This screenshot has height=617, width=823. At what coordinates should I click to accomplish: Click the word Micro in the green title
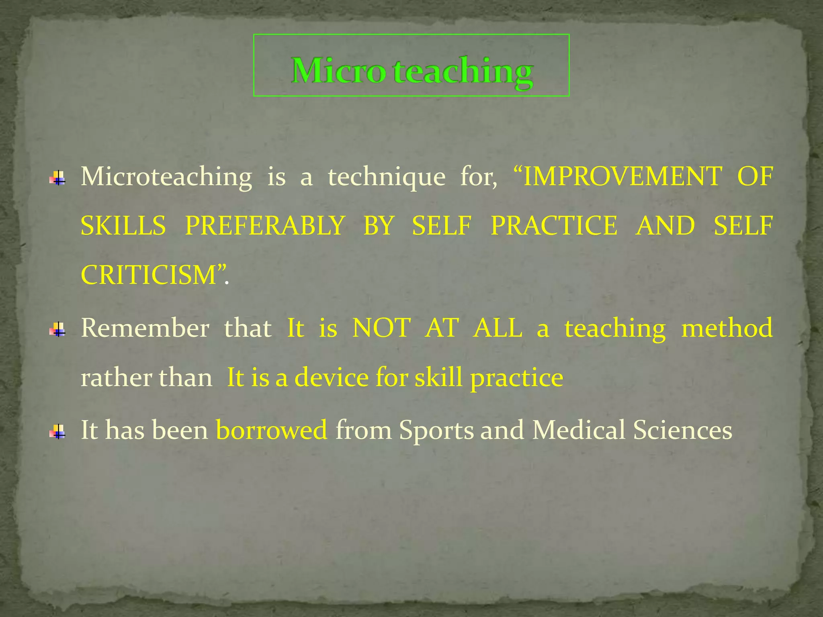(338, 71)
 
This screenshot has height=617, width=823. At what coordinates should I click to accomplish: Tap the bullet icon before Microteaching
(58, 178)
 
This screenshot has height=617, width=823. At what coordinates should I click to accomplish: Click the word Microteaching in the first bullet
(166, 177)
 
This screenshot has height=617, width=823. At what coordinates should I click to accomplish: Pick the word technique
(387, 177)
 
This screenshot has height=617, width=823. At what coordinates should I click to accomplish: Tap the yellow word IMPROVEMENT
(622, 176)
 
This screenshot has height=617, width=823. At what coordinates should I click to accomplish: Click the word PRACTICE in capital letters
(554, 226)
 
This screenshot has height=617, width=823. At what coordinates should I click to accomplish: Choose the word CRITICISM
(149, 276)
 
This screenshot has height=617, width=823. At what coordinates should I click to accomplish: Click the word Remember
(145, 328)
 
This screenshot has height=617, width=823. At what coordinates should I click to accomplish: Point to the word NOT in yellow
(381, 328)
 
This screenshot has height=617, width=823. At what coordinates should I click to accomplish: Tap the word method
(727, 328)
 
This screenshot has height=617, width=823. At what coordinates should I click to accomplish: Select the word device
(332, 378)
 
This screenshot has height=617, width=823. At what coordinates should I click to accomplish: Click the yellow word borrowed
(272, 430)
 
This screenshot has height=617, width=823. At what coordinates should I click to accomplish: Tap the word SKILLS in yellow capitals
(123, 226)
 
